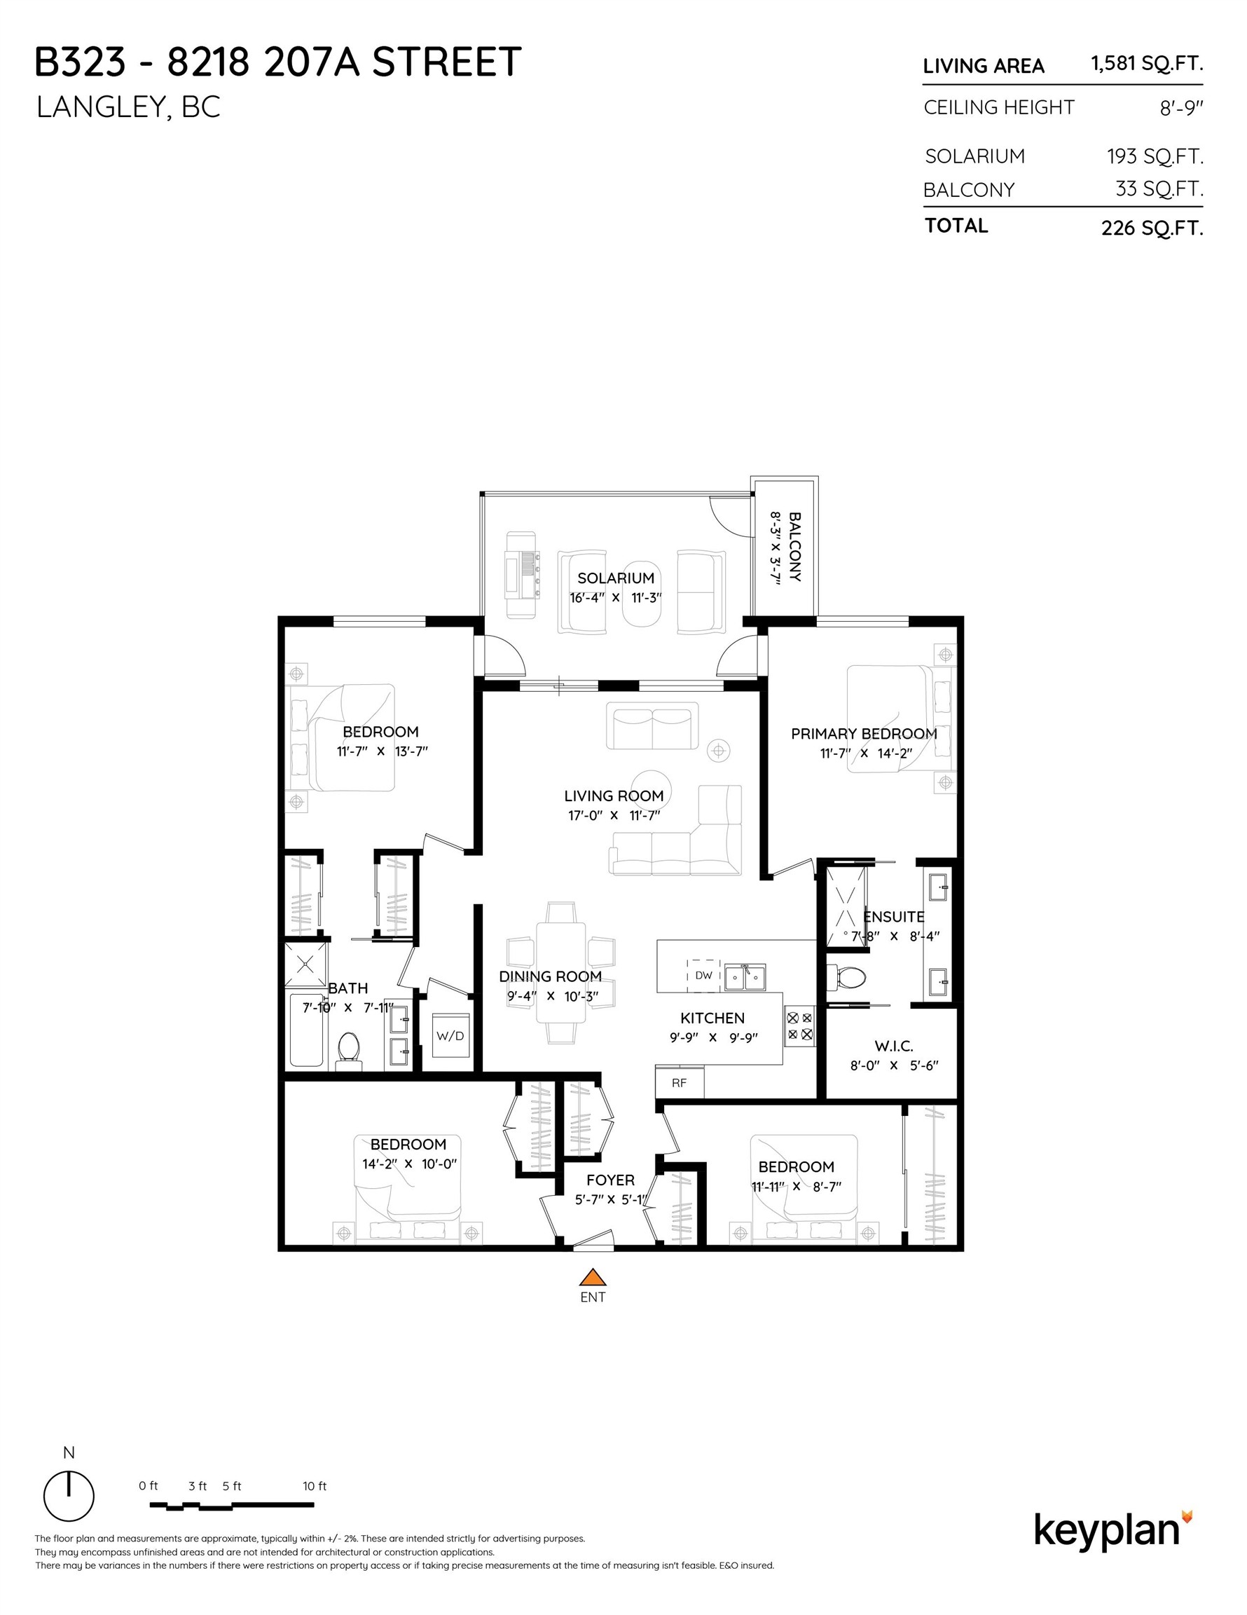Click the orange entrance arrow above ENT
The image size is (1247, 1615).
click(592, 1277)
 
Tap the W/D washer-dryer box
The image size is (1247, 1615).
click(450, 1036)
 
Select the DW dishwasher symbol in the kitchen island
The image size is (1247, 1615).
click(703, 975)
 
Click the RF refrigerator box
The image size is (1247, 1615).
click(680, 1082)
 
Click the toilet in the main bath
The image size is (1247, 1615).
click(349, 1050)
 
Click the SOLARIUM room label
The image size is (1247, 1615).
click(616, 578)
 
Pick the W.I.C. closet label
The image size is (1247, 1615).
click(894, 1046)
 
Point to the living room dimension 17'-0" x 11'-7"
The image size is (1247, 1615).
click(614, 816)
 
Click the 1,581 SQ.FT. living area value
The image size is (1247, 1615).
click(1147, 64)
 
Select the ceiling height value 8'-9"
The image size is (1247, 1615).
click(1181, 109)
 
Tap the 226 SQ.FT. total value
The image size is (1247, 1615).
click(1152, 228)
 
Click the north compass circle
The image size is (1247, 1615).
click(69, 1496)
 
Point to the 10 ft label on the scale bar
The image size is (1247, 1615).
click(314, 1485)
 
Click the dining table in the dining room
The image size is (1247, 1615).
click(561, 972)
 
